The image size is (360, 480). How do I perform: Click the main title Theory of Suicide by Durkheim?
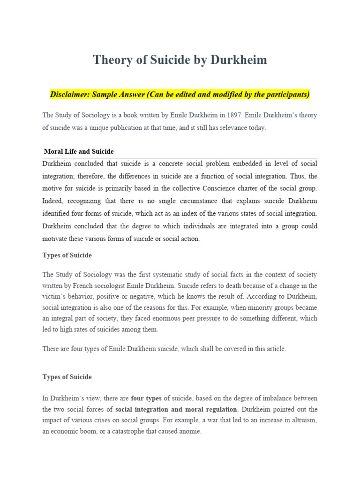coord(180,60)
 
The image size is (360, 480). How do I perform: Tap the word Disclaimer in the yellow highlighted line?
coord(69,95)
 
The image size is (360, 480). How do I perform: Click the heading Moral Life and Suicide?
coord(79,151)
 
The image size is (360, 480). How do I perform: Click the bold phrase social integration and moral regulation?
coord(176,409)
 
